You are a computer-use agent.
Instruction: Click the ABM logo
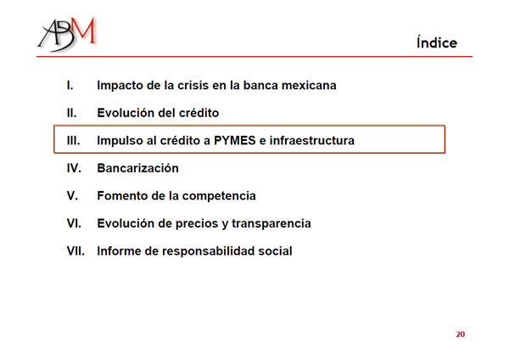pyautogui.click(x=67, y=34)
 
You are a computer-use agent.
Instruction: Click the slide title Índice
pyautogui.click(x=437, y=42)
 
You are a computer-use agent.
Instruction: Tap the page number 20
pyautogui.click(x=461, y=335)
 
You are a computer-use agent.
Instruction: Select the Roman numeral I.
pyautogui.click(x=70, y=85)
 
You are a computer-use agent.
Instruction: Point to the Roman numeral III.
pyautogui.click(x=73, y=140)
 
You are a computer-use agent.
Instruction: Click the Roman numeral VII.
pyautogui.click(x=76, y=250)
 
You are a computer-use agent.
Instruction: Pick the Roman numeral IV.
pyautogui.click(x=74, y=168)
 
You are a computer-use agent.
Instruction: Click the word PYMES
pyautogui.click(x=235, y=140)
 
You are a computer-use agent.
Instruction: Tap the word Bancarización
pyautogui.click(x=138, y=168)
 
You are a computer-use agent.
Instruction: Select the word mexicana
pyautogui.click(x=309, y=85)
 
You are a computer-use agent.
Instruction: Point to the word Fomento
pyautogui.click(x=122, y=195)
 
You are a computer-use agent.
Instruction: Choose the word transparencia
pyautogui.click(x=271, y=224)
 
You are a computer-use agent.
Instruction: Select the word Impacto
pyautogui.click(x=120, y=86)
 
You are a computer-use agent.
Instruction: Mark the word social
pyautogui.click(x=275, y=250)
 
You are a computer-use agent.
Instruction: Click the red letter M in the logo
pyautogui.click(x=84, y=30)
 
